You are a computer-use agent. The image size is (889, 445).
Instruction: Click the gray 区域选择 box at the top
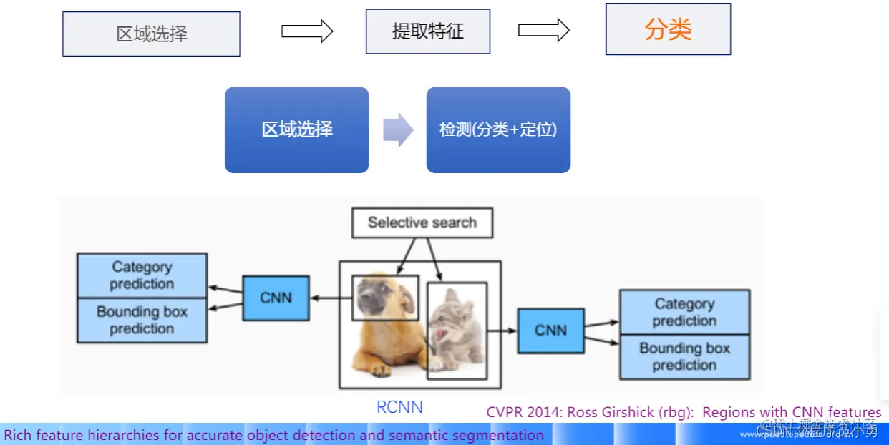pyautogui.click(x=151, y=34)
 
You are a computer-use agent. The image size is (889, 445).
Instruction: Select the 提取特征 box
pyautogui.click(x=428, y=31)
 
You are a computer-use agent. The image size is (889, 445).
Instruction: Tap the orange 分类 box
pyautogui.click(x=668, y=29)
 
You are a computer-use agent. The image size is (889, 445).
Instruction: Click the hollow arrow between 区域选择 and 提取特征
pyautogui.click(x=307, y=31)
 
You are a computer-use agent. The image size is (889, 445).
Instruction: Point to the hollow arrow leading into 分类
pyautogui.click(x=543, y=30)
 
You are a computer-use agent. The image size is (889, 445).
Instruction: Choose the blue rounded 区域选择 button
pyautogui.click(x=296, y=129)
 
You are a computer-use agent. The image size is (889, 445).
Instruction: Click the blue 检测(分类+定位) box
pyautogui.click(x=498, y=129)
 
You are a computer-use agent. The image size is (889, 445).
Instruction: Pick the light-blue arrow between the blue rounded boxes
pyautogui.click(x=398, y=130)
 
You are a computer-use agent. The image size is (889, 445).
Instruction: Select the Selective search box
pyautogui.click(x=422, y=222)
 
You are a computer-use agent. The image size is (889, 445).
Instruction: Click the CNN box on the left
pyautogui.click(x=276, y=298)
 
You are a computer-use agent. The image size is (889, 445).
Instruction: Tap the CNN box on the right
pyautogui.click(x=550, y=331)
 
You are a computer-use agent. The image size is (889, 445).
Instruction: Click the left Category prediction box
pyautogui.click(x=142, y=275)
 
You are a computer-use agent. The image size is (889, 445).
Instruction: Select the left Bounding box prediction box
pyautogui.click(x=142, y=321)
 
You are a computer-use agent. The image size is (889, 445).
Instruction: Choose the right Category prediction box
pyautogui.click(x=684, y=312)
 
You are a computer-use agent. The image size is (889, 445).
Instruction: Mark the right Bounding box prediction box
pyautogui.click(x=684, y=357)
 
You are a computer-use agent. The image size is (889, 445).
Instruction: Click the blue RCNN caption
pyautogui.click(x=399, y=407)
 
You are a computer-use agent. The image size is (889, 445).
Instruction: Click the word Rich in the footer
pyautogui.click(x=18, y=435)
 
